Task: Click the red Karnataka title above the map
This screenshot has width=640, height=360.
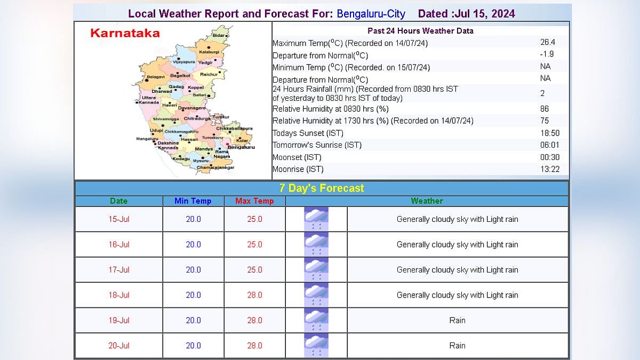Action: [x=125, y=33]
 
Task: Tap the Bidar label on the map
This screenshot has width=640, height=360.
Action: [x=219, y=35]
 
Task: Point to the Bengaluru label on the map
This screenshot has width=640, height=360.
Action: [x=241, y=147]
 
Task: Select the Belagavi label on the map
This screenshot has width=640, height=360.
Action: [x=156, y=77]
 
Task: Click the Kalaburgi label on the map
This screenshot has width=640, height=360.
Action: [x=209, y=52]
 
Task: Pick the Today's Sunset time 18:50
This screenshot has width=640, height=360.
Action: [x=549, y=133]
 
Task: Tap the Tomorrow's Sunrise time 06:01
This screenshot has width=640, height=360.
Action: [x=549, y=145]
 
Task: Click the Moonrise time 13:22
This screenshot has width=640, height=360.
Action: [x=549, y=169]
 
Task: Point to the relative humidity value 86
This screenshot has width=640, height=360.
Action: [x=545, y=109]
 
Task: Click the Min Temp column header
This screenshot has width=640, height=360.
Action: [x=193, y=201]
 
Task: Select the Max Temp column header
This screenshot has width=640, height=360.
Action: [x=254, y=201]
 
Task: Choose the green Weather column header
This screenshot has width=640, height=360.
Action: [x=427, y=201]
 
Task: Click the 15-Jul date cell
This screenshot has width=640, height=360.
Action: [x=119, y=219]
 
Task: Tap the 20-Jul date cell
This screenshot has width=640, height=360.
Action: [x=119, y=346]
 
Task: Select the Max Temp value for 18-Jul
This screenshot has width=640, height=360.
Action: [x=254, y=295]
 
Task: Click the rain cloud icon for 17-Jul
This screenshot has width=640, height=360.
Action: [x=316, y=270]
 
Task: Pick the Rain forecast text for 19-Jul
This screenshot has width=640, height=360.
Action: [x=457, y=321]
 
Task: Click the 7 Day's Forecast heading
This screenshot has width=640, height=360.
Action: [x=322, y=188]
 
